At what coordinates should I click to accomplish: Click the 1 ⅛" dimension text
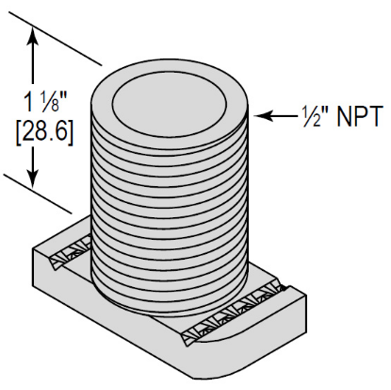(x=36, y=98)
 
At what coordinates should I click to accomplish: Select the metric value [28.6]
(x=36, y=127)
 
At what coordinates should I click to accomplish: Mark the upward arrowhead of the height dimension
(x=36, y=31)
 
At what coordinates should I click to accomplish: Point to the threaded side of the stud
(x=170, y=208)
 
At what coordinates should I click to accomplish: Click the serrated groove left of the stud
(x=71, y=252)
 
